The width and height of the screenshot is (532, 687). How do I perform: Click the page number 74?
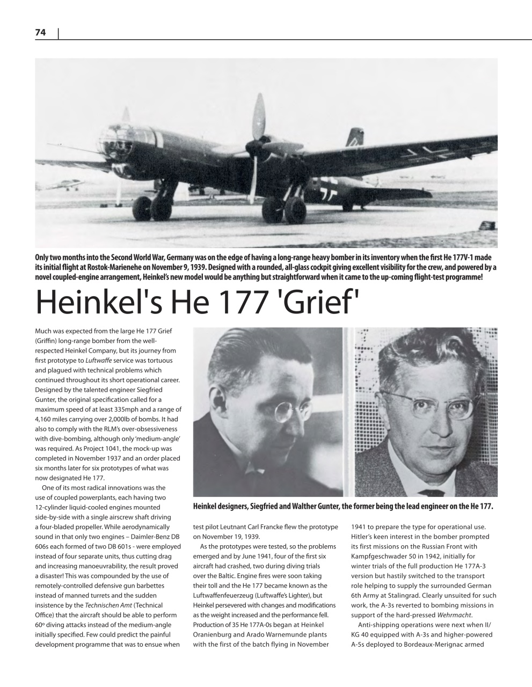pos(40,33)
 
